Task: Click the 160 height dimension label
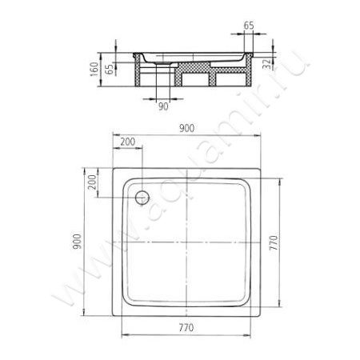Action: pyautogui.click(x=94, y=70)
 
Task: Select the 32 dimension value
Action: pyautogui.click(x=266, y=63)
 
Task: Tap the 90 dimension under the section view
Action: pyautogui.click(x=163, y=106)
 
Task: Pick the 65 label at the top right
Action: pyautogui.click(x=249, y=26)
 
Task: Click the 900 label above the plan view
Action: pyautogui.click(x=186, y=129)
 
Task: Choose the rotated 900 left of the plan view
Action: pyautogui.click(x=77, y=242)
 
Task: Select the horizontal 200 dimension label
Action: pyautogui.click(x=128, y=142)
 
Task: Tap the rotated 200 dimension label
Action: pyautogui.click(x=92, y=182)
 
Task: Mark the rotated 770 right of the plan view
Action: pyautogui.click(x=274, y=242)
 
